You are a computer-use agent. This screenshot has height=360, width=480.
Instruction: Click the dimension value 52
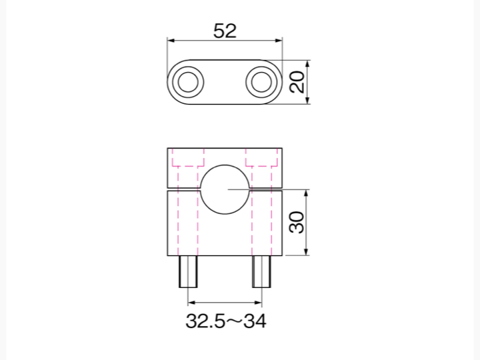click(x=225, y=31)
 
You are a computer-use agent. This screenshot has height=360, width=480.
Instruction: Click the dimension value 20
click(x=297, y=82)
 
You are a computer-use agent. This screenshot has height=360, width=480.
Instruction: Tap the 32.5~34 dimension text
click(x=226, y=321)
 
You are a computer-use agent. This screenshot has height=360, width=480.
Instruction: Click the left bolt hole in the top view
click(x=188, y=82)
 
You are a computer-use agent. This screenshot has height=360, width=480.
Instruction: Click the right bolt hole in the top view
click(x=261, y=82)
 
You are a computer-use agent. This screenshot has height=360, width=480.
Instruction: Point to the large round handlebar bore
click(x=225, y=189)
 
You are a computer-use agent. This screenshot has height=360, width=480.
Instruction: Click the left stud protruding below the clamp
click(x=188, y=271)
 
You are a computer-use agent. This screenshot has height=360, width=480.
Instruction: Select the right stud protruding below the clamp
click(x=261, y=271)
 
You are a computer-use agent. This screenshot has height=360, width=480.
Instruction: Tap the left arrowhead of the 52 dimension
click(x=171, y=41)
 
